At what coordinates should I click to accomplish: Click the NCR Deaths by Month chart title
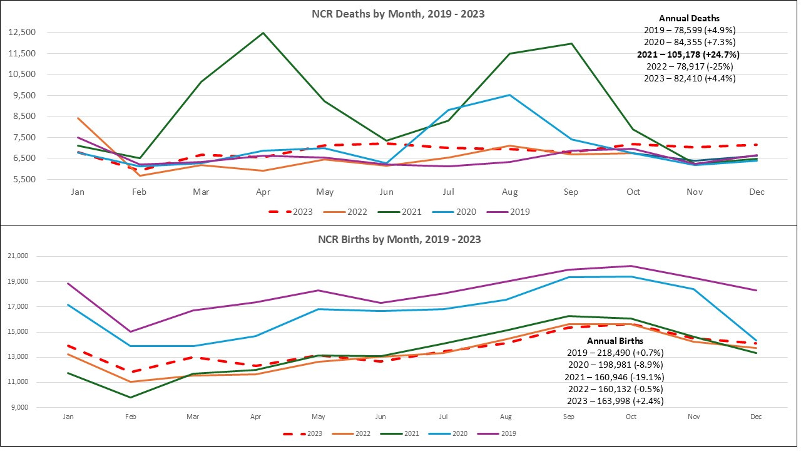[398, 14]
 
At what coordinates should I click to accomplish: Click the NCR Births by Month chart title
[399, 239]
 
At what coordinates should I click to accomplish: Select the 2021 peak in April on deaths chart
[263, 33]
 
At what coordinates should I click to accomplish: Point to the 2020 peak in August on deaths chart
[510, 95]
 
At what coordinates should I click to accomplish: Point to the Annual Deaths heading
[689, 19]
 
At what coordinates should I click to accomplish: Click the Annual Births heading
[615, 341]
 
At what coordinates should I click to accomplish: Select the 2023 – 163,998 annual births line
[615, 401]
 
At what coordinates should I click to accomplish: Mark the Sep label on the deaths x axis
[571, 192]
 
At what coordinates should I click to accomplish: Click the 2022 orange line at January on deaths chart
[78, 118]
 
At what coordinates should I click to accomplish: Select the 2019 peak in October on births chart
[631, 266]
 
